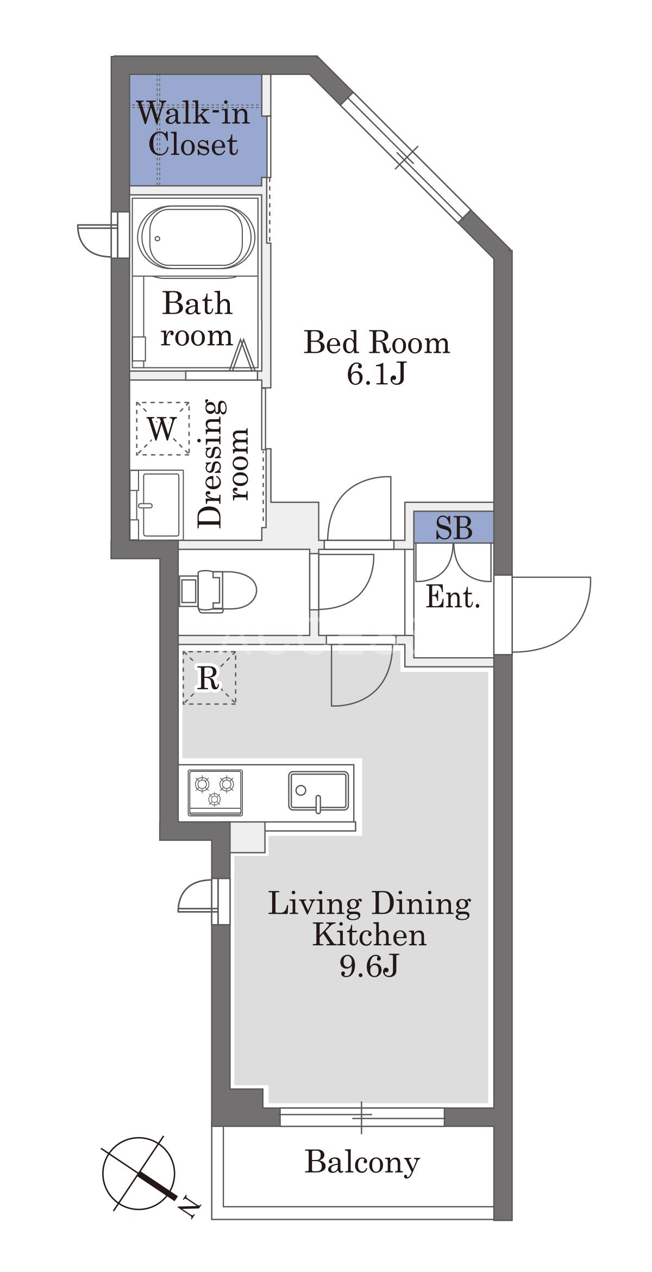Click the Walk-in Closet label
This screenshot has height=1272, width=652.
(x=193, y=129)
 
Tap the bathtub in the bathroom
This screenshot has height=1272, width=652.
(x=196, y=237)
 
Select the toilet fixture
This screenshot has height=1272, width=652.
(x=218, y=591)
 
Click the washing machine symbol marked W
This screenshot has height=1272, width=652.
(x=162, y=429)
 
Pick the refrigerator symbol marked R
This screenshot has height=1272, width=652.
(x=209, y=678)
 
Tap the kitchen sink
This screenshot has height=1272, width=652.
(x=318, y=791)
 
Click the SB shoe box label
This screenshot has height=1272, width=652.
(x=454, y=527)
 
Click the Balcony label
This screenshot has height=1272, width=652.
(x=362, y=1163)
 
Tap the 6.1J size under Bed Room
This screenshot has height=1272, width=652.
(x=377, y=374)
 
